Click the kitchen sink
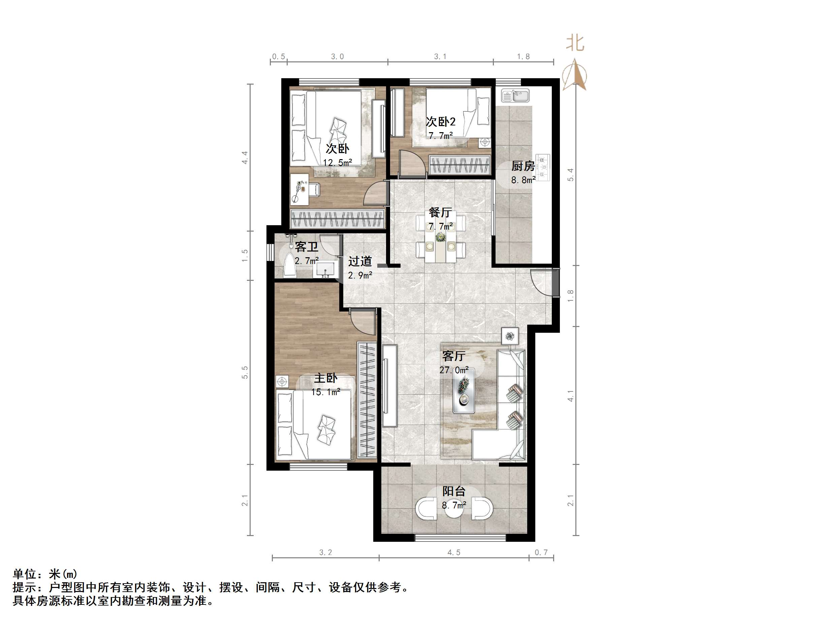(515, 96)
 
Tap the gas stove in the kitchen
(543, 167)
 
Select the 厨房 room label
(523, 166)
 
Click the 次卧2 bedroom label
(441, 121)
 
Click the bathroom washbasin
(326, 269)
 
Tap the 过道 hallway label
(360, 261)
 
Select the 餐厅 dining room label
(440, 212)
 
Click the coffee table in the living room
(464, 390)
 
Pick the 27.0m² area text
(454, 370)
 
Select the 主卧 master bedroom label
(326, 378)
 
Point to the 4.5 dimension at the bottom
(454, 552)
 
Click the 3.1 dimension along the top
(440, 56)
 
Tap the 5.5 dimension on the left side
(245, 372)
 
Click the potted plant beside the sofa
(510, 336)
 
